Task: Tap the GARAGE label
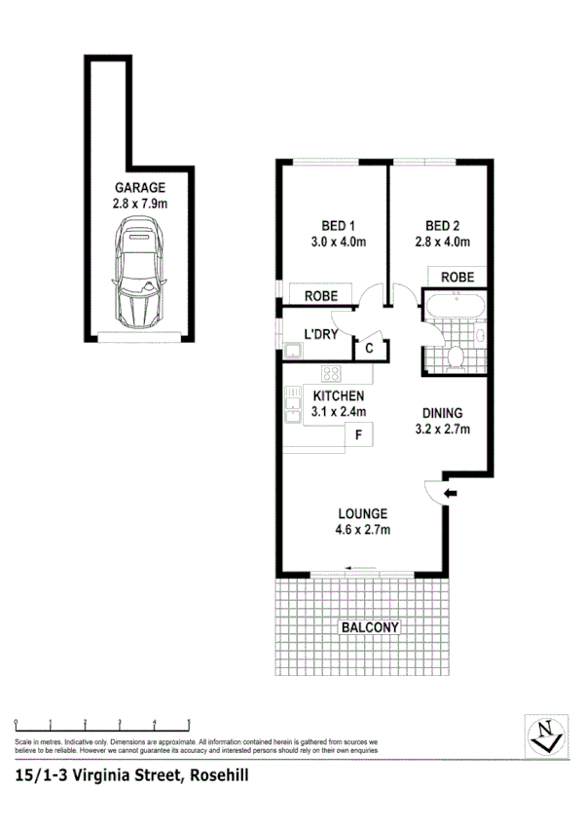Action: point(140,188)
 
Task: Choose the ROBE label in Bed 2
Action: point(457,278)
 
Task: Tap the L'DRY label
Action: point(320,335)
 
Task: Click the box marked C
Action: point(370,349)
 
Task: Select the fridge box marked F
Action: point(358,435)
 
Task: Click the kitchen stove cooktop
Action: point(332,372)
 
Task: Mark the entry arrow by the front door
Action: point(450,495)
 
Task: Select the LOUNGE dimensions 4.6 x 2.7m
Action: point(363,530)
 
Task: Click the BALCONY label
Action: point(369,628)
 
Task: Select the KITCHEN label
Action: point(338,396)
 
